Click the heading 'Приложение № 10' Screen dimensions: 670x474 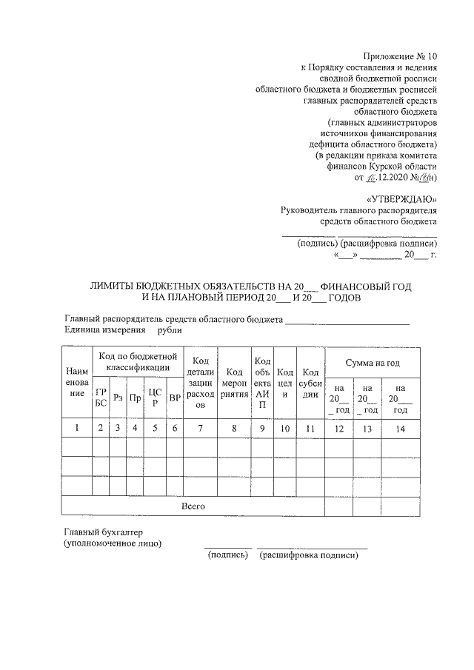tap(401, 56)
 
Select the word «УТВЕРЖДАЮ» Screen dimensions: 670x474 tap(402, 199)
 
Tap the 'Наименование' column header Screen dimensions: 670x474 tap(76, 381)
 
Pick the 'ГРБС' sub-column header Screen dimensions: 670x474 tap(100, 397)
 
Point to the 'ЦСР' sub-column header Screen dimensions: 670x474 tap(154, 397)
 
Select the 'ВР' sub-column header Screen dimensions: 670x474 tap(175, 398)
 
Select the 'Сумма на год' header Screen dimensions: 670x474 tap(373, 363)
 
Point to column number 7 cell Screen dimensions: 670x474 tap(200, 428)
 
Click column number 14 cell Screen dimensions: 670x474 tap(401, 428)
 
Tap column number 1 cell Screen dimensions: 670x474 tap(76, 428)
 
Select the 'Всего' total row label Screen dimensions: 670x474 tap(193, 506)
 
